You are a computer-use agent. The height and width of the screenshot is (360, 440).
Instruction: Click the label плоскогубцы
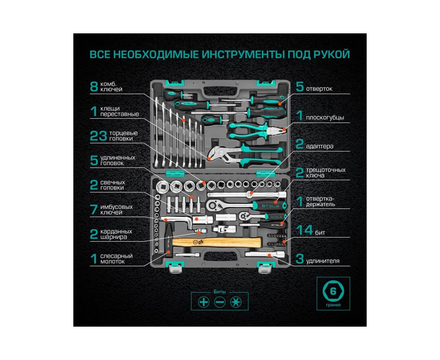tap(324, 118)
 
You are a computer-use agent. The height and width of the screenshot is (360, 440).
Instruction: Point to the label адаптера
tap(319, 146)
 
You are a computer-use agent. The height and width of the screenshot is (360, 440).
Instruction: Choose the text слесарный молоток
tap(117, 259)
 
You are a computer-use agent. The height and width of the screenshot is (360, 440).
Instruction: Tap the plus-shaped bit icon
tap(203, 302)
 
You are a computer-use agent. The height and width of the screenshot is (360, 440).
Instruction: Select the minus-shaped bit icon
tap(220, 302)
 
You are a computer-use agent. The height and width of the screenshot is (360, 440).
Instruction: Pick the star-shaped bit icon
tap(235, 302)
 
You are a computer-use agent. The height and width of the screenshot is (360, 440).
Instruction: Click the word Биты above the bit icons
tap(220, 292)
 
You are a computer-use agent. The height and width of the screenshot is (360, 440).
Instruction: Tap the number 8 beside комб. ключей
tap(94, 87)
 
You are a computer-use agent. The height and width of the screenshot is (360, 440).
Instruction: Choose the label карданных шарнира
tap(116, 234)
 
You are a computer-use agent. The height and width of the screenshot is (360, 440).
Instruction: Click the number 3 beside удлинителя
tap(300, 260)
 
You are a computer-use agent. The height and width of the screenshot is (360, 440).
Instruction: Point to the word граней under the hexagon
tap(333, 305)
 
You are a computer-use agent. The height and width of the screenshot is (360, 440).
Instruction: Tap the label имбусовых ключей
tap(117, 210)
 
